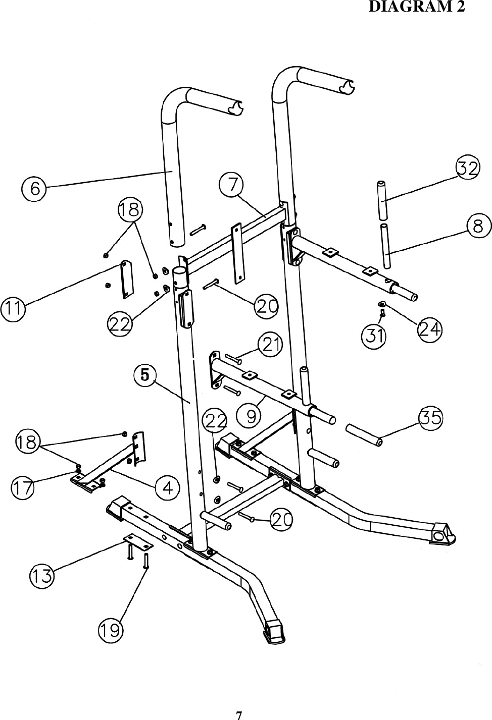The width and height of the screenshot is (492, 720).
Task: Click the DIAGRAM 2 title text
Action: coord(417,7)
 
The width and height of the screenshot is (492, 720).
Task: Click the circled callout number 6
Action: coord(34,188)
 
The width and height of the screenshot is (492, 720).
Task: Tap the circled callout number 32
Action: coord(468,168)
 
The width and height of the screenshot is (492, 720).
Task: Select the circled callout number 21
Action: coord(270,345)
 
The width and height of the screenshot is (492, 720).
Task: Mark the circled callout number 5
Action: coord(144,375)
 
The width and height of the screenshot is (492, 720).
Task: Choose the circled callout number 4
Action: coord(167,488)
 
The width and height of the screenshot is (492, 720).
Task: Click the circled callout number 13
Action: coord(42,576)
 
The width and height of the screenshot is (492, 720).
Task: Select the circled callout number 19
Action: coord(111,630)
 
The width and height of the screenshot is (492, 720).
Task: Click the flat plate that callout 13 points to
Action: coord(138,542)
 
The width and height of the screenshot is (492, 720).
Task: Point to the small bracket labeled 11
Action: coord(125,279)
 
